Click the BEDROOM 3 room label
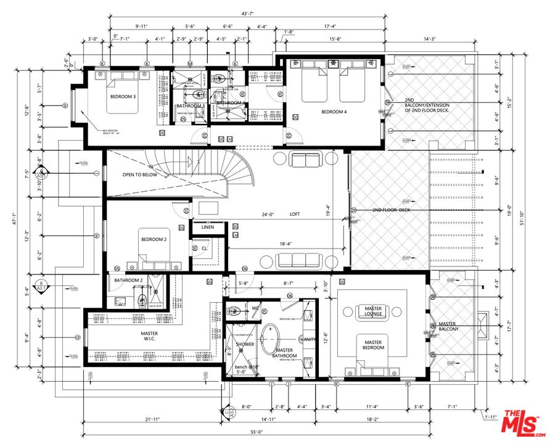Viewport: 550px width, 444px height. tap(123, 96)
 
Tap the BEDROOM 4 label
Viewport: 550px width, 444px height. tap(334, 112)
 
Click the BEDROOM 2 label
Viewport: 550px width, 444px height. tap(154, 239)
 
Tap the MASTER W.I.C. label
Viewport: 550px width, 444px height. tap(150, 337)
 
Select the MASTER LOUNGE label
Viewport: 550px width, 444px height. tap(373, 311)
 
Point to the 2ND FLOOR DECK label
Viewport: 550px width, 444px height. tap(390, 210)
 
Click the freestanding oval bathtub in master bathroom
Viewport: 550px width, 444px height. tap(269, 337)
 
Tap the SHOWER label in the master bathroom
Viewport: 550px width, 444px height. tap(245, 344)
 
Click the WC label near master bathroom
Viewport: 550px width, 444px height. tap(255, 308)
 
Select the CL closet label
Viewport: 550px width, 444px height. tap(204, 249)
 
